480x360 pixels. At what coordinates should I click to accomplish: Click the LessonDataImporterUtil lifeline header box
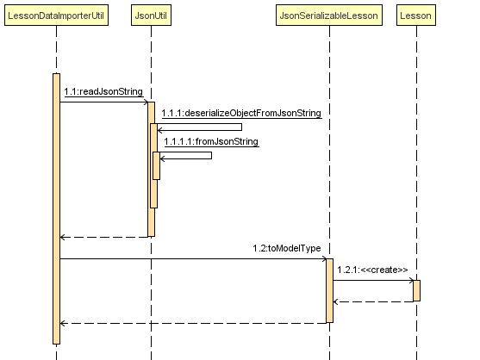tap(56, 15)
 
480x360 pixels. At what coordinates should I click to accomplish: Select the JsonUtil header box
tap(151, 15)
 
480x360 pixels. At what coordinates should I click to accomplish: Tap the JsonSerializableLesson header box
tap(329, 15)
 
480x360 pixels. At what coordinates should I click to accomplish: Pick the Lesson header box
tap(416, 15)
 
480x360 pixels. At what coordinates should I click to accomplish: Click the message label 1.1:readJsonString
tap(103, 91)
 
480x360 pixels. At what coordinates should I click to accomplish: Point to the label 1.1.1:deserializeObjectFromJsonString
tap(241, 113)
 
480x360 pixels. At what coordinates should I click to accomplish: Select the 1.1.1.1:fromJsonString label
tap(211, 141)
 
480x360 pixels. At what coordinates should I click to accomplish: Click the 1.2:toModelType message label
tap(287, 248)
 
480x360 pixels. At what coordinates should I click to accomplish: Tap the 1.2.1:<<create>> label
tap(372, 270)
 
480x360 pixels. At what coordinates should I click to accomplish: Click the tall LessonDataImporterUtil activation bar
tap(56, 208)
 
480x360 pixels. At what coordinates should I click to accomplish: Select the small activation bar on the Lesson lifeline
tap(416, 290)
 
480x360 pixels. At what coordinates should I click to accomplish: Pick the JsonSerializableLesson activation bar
tap(330, 290)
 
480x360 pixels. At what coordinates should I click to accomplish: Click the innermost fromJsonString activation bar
tap(157, 165)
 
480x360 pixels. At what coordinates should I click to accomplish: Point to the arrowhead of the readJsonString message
tap(146, 102)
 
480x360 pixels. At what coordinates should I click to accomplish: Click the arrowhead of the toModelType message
tap(325, 258)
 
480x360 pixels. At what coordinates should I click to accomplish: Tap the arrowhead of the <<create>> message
tap(411, 280)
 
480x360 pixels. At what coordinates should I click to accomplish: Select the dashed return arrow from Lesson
tap(373, 302)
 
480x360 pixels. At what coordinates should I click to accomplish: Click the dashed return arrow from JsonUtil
tap(104, 237)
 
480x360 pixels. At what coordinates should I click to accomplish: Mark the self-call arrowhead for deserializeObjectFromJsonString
tap(159, 131)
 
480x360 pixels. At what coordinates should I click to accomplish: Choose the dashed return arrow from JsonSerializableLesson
tap(193, 323)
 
